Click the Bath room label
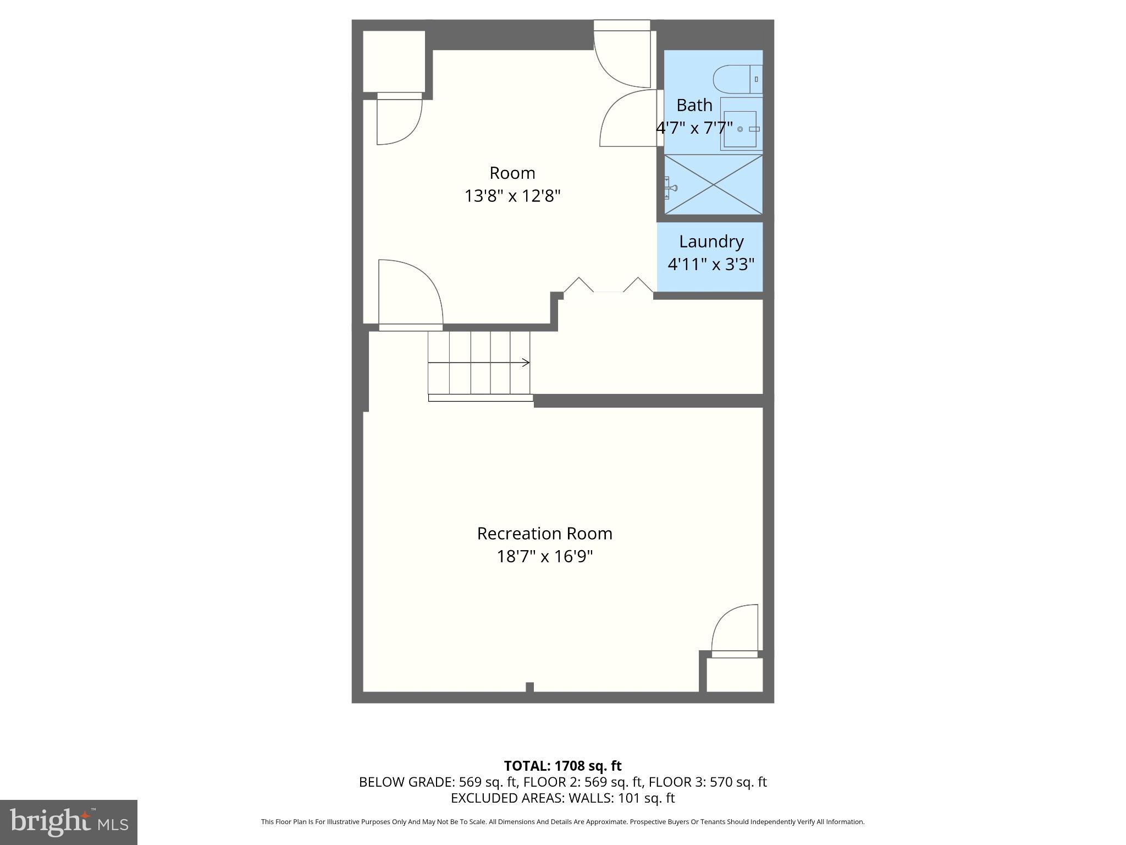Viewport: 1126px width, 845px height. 694,105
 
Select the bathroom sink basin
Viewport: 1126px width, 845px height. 740,129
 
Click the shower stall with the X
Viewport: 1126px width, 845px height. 714,184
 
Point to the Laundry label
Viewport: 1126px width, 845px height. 711,242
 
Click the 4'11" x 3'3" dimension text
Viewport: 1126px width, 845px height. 711,265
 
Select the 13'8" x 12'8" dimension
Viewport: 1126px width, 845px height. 512,196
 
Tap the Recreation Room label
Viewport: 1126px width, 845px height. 544,534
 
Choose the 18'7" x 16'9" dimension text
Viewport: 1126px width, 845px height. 544,557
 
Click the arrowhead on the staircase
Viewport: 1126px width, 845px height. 526,363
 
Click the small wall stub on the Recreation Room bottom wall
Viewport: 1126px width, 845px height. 529,687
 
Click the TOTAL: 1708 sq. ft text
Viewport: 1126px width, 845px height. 562,766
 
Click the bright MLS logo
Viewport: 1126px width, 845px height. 69,822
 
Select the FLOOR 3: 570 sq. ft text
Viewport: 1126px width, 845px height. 708,782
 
